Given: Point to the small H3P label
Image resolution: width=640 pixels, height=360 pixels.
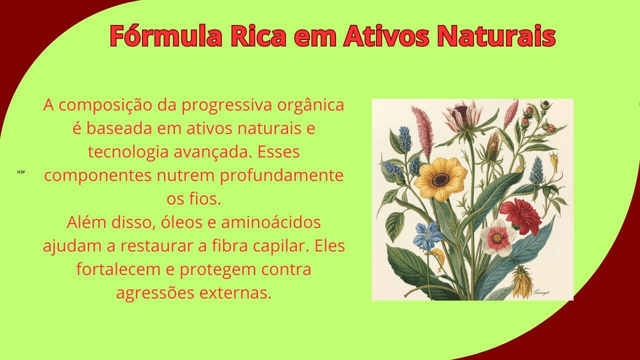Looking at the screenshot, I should click(x=20, y=172).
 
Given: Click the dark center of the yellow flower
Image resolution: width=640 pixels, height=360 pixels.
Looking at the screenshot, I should click(x=440, y=179).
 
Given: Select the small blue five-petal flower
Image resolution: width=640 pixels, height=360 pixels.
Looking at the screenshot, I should click(x=428, y=235).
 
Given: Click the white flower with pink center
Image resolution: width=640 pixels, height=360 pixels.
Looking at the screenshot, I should click(x=497, y=237).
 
